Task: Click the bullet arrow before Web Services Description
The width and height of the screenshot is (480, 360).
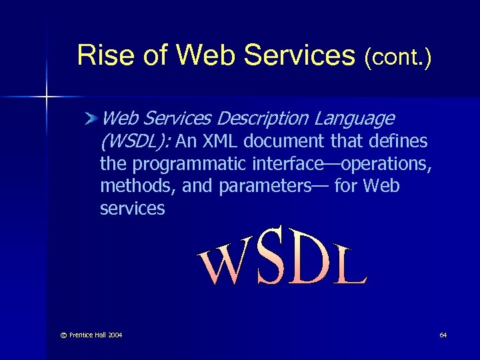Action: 92,119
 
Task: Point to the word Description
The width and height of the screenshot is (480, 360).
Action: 263,119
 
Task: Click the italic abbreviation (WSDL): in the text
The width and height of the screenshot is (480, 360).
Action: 136,141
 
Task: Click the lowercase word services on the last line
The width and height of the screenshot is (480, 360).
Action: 132,209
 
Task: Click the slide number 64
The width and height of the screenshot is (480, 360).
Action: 443,334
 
